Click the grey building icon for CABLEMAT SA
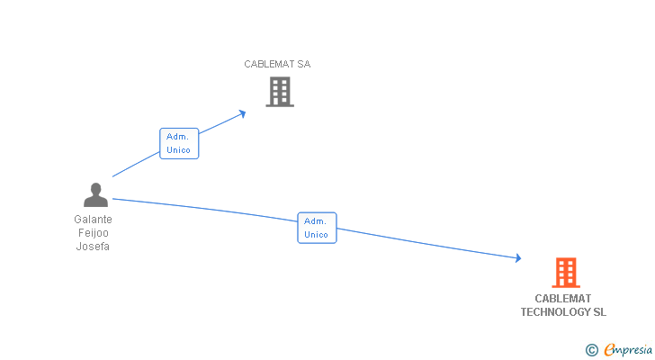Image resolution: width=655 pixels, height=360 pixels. [x=279, y=92]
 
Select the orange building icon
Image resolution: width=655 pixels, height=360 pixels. [x=565, y=272]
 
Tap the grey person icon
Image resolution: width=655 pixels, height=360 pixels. [x=94, y=195]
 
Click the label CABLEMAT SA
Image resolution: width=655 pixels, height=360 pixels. [x=277, y=64]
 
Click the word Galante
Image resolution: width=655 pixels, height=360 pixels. [x=94, y=219]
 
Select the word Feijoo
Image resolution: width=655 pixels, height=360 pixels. [x=94, y=233]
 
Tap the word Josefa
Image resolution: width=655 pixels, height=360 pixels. [x=94, y=247]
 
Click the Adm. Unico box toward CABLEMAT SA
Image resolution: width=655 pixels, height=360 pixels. [x=179, y=143]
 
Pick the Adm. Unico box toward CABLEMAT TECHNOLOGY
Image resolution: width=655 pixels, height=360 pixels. [x=317, y=228]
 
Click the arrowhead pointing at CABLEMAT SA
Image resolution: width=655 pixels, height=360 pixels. [x=242, y=112]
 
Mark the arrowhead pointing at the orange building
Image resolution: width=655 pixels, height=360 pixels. [x=517, y=258]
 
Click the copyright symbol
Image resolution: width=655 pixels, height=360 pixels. [x=591, y=350]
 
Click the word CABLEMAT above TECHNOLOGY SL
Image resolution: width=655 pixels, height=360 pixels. [x=563, y=298]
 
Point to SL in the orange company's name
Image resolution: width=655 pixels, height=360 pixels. [x=599, y=312]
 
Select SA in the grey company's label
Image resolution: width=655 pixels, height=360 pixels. [x=304, y=64]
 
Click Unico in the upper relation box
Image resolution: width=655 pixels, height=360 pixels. [x=179, y=150]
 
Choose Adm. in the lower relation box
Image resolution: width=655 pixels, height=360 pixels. [x=316, y=220]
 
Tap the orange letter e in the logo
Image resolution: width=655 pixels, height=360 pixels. [x=609, y=350]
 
